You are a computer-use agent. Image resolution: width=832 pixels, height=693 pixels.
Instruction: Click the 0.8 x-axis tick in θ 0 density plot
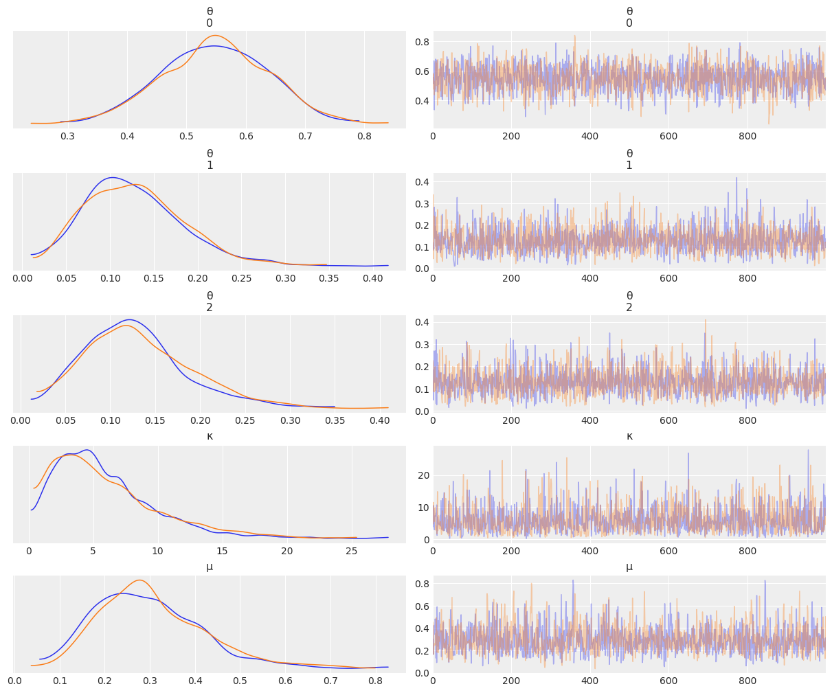click(x=364, y=137)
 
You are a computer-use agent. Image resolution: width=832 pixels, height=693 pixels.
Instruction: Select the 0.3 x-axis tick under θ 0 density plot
click(x=68, y=137)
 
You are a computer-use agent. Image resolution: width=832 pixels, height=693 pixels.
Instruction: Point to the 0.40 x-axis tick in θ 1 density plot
click(x=372, y=279)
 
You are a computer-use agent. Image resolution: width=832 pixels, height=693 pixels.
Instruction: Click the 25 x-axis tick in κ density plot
click(x=352, y=551)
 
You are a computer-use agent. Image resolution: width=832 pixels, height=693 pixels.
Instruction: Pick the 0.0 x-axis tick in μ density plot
click(x=15, y=681)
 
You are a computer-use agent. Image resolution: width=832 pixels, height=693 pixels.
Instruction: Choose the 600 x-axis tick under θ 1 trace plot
click(x=668, y=279)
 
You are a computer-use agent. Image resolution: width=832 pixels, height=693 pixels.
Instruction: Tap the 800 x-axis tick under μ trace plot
click(x=747, y=681)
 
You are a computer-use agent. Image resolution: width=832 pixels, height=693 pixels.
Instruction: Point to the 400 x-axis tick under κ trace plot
click(x=589, y=551)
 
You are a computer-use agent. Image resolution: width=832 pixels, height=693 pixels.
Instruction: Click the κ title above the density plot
click(x=210, y=436)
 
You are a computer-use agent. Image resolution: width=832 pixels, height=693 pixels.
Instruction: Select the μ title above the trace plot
click(x=629, y=567)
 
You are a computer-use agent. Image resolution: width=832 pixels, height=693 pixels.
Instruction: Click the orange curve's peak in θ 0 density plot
click(x=216, y=36)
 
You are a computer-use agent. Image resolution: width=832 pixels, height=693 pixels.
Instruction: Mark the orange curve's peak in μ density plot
click(x=139, y=580)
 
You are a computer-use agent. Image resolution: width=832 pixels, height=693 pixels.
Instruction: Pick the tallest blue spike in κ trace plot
click(x=808, y=451)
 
